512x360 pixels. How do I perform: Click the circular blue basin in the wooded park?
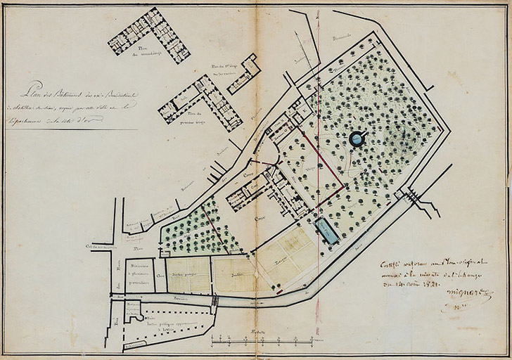coord(357,139)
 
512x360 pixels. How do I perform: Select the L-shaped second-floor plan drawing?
coord(150,35)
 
